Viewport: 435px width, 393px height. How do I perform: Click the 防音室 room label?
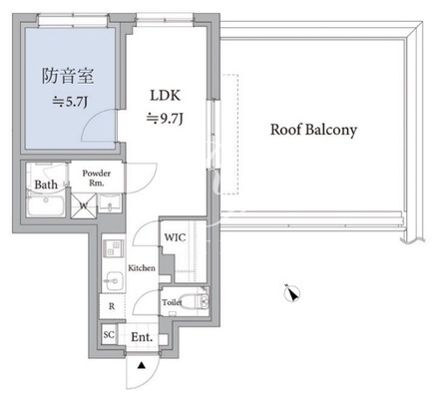click(x=68, y=76)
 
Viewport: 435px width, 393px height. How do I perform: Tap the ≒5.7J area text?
click(x=70, y=102)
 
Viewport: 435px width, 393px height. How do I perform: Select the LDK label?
click(x=166, y=96)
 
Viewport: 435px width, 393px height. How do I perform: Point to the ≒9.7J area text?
click(x=165, y=119)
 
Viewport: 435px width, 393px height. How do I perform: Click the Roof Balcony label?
click(x=313, y=130)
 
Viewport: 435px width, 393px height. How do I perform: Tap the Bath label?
click(x=46, y=185)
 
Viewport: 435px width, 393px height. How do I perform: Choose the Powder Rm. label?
click(x=97, y=178)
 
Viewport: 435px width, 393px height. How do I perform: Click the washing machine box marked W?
click(x=84, y=206)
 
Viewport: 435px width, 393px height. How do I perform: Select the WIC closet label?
click(x=175, y=237)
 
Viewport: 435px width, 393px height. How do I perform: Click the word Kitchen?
click(x=142, y=268)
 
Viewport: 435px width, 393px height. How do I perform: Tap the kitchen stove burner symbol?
click(x=114, y=248)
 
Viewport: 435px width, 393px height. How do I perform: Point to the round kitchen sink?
click(x=113, y=281)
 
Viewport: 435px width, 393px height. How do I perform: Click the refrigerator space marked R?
click(x=112, y=306)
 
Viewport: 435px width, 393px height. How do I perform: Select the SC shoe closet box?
click(x=109, y=334)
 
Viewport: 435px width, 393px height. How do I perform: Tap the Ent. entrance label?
click(x=142, y=337)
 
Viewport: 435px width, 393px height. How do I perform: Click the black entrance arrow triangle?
click(x=142, y=366)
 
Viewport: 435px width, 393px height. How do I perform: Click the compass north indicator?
click(x=292, y=293)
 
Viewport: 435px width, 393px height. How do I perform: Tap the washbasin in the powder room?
click(x=110, y=202)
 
